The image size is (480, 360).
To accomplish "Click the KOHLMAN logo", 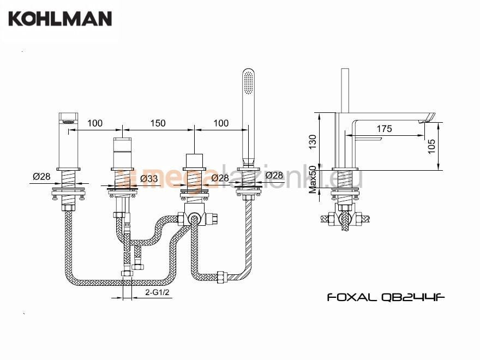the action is (60, 19).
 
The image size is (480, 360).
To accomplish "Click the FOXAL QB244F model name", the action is (386, 297).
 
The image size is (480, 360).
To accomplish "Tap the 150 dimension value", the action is (158, 123).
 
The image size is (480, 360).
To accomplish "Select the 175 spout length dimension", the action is (384, 129).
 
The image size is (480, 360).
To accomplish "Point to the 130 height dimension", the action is (312, 142).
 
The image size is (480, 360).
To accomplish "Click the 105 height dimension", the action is (431, 146).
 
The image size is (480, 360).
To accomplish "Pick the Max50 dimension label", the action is (313, 179).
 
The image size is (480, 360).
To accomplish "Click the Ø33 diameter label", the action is (149, 178).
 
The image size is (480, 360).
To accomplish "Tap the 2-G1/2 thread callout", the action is (157, 292).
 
